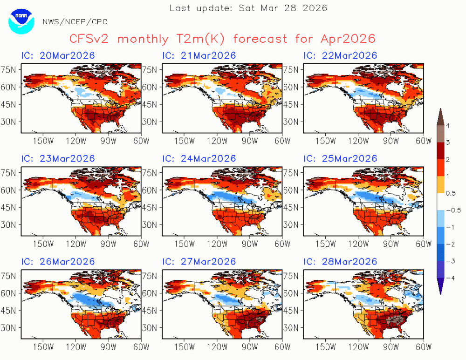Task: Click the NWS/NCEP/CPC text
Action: pyautogui.click(x=75, y=22)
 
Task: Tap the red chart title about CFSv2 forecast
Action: pyautogui.click(x=222, y=39)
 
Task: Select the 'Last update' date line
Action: pyautogui.click(x=248, y=8)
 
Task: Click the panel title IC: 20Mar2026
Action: pyautogui.click(x=58, y=55)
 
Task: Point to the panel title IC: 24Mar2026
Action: pyautogui.click(x=199, y=159)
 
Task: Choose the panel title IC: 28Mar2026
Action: pyautogui.click(x=340, y=262)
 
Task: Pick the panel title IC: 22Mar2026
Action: pyautogui.click(x=340, y=55)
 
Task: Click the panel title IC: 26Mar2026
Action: pyautogui.click(x=58, y=262)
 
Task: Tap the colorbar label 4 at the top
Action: pyautogui.click(x=448, y=126)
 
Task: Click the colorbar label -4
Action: pyautogui.click(x=451, y=278)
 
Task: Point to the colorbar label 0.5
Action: pyautogui.click(x=451, y=193)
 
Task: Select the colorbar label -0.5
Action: pyautogui.click(x=453, y=211)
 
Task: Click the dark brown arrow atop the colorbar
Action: pyautogui.click(x=440, y=117)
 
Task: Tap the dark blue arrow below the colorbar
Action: pyautogui.click(x=440, y=286)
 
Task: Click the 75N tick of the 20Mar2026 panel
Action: pyautogui.click(x=8, y=70)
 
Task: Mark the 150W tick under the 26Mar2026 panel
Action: pyautogui.click(x=43, y=347)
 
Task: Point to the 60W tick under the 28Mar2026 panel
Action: pyautogui.click(x=423, y=347)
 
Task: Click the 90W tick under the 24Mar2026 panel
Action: pyautogui.click(x=249, y=244)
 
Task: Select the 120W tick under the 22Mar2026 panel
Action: pyautogui.click(x=358, y=141)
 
